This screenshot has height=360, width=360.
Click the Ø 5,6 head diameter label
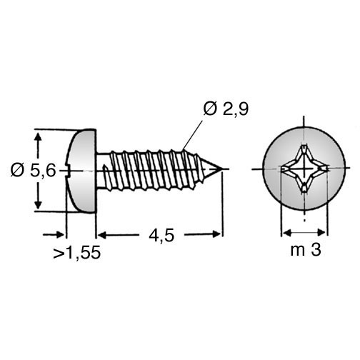[33, 170]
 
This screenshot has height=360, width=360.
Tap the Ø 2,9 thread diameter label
[226, 109]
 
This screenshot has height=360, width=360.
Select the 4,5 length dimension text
[161, 236]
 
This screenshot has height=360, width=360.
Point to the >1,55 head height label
[76, 252]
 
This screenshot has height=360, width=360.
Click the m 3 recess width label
[306, 250]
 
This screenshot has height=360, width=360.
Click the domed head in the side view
[81, 171]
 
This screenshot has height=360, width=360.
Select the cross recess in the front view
[304, 169]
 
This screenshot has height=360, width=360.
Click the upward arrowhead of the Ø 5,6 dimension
[38, 138]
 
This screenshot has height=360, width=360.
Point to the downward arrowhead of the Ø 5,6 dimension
[38, 204]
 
